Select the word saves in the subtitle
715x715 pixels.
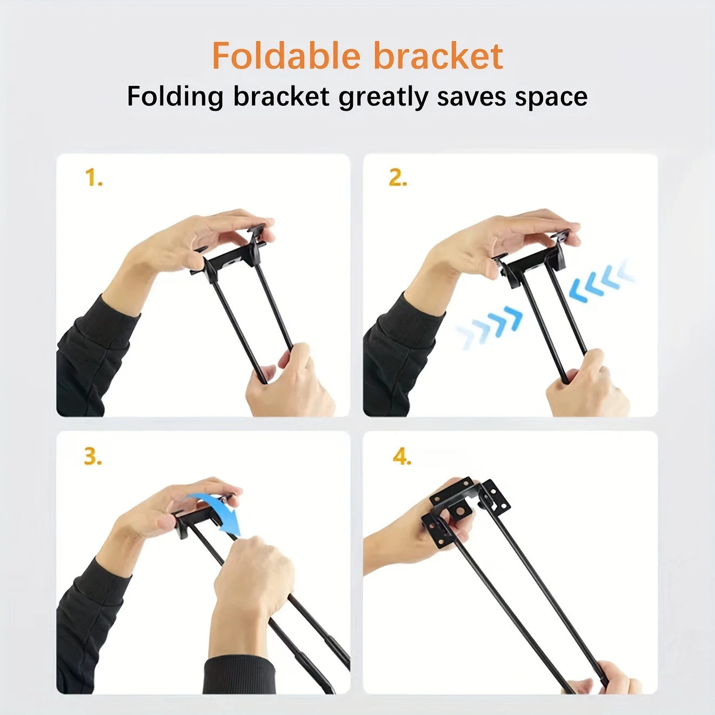click(471, 98)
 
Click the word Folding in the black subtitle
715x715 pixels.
click(175, 97)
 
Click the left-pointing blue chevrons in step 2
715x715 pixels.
click(601, 281)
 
